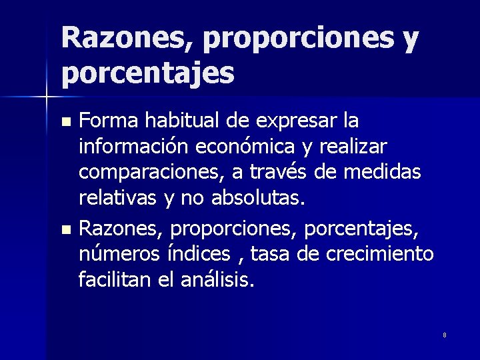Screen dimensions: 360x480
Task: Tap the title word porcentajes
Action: (148, 73)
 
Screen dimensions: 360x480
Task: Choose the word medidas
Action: (383, 172)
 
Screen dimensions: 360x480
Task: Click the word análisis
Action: (217, 280)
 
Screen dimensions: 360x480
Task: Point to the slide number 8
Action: (445, 334)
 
